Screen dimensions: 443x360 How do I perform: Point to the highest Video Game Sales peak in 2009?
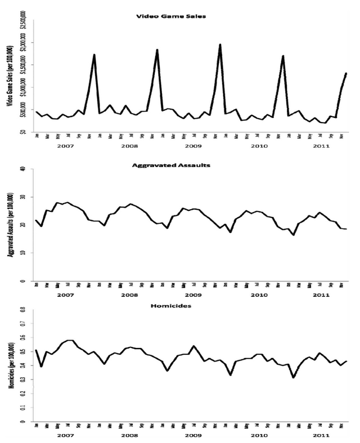[220, 44]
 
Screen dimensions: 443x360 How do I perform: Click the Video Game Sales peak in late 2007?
[94, 55]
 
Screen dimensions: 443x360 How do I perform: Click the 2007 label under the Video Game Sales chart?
[65, 152]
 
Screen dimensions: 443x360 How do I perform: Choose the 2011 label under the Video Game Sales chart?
[318, 152]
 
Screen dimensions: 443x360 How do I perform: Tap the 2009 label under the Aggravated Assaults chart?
[192, 295]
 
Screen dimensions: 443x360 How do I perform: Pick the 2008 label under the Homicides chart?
[129, 435]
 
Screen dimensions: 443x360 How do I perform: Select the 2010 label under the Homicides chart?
[256, 435]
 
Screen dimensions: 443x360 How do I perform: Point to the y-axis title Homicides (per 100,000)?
[10, 366]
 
